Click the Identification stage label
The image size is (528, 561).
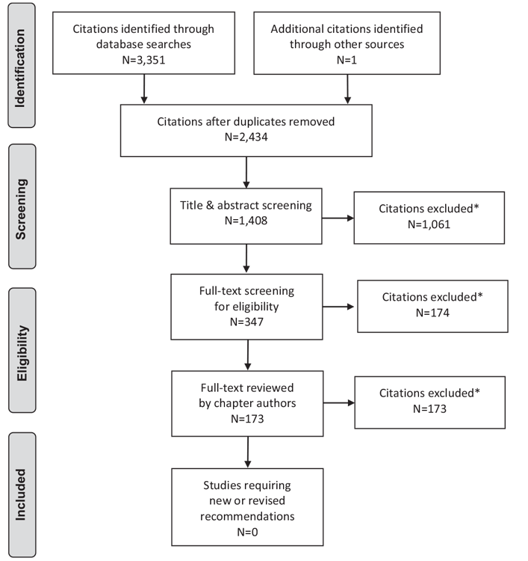pyautogui.click(x=20, y=68)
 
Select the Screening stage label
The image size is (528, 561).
pyautogui.click(x=21, y=209)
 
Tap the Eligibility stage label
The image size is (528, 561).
pyautogui.click(x=22, y=353)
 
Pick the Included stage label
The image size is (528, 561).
pyautogui.click(x=21, y=494)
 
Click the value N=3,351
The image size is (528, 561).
pyautogui.click(x=143, y=60)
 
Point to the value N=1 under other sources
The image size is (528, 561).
pyautogui.click(x=347, y=60)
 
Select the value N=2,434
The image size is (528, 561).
pyautogui.click(x=246, y=137)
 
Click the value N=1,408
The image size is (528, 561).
pyautogui.click(x=246, y=221)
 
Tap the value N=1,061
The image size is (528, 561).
pyautogui.click(x=429, y=224)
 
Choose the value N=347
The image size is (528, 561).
pyautogui.click(x=247, y=322)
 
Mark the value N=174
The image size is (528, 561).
pyautogui.click(x=432, y=313)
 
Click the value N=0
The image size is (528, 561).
pyautogui.click(x=247, y=532)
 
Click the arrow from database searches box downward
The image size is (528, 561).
pyautogui.click(x=144, y=89)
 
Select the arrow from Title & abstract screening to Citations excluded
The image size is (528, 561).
pyautogui.click(x=338, y=218)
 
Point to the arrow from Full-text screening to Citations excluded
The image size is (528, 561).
pyautogui.click(x=338, y=307)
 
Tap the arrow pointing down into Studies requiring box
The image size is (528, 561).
pyautogui.click(x=247, y=452)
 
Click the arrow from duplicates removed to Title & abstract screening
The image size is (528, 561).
pyautogui.click(x=246, y=172)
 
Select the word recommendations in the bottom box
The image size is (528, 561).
pyautogui.click(x=247, y=516)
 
